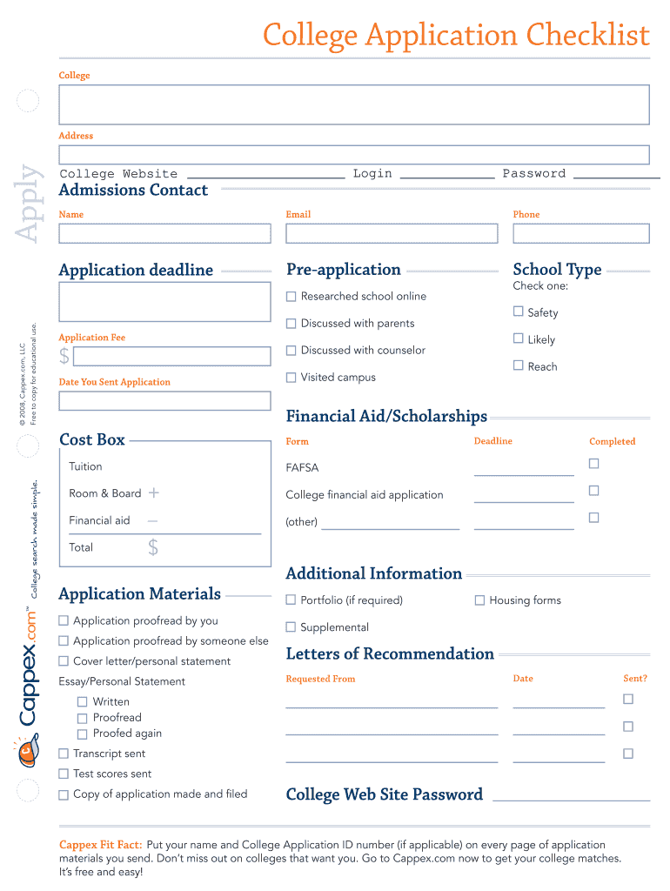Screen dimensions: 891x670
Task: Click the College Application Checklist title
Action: [x=456, y=36]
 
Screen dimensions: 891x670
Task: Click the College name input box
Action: [x=353, y=104]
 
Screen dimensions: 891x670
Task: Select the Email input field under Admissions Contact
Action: [x=392, y=233]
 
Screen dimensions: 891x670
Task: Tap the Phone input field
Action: [x=580, y=233]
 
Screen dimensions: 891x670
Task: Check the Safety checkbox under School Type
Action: [x=519, y=312]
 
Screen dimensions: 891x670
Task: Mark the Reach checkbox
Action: [x=519, y=365]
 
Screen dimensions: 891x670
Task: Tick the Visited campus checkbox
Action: [x=291, y=377]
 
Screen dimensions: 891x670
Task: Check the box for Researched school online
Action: [x=291, y=296]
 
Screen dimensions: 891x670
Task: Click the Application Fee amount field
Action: [x=171, y=357]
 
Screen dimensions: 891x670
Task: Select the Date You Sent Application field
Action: [x=164, y=401]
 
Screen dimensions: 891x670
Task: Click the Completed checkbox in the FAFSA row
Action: [x=594, y=464]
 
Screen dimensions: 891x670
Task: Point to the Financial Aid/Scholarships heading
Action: [x=386, y=416]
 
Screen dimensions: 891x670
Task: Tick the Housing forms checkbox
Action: [x=479, y=600]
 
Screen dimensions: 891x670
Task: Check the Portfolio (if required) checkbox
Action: [x=291, y=600]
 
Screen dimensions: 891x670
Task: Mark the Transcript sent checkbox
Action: [x=64, y=754]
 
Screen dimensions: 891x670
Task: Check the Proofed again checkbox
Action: [x=83, y=734]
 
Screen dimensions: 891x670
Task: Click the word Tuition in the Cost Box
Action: [x=85, y=466]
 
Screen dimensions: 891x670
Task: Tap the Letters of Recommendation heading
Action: [x=390, y=653]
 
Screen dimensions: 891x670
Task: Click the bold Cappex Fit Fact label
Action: [x=100, y=845]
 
